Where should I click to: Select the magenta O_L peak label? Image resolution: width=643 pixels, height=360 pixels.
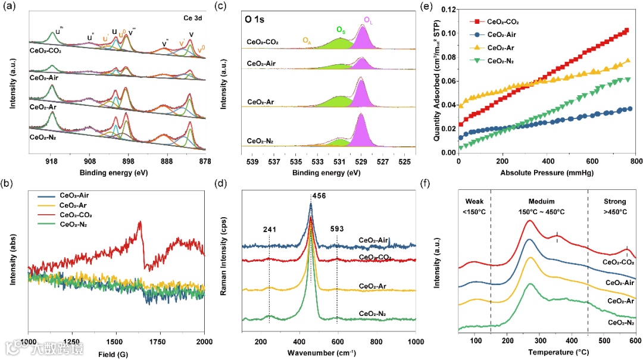369,20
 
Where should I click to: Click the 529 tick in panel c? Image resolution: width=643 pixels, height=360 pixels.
360,161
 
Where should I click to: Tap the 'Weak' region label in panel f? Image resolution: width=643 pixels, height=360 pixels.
475,201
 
